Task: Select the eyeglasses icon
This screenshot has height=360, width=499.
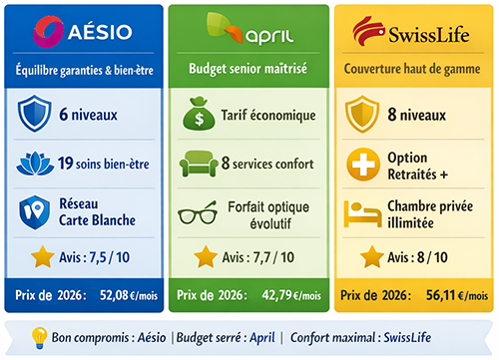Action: (x=197, y=213)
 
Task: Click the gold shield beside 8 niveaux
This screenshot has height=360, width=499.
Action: (x=362, y=115)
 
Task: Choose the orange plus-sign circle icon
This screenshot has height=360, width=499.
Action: (x=362, y=164)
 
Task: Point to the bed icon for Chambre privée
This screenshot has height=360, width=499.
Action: (x=361, y=212)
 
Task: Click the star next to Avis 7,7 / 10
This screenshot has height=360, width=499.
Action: (x=204, y=257)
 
